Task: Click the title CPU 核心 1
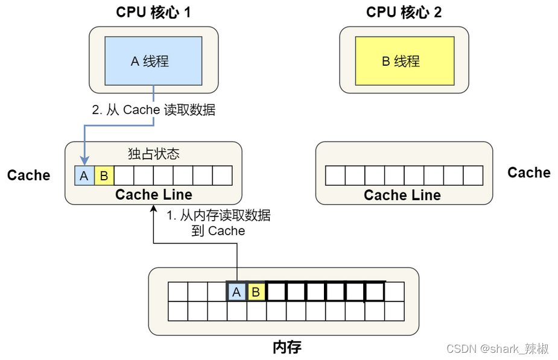[153, 12]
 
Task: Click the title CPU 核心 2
[404, 12]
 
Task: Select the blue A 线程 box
[153, 61]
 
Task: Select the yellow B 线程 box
[404, 61]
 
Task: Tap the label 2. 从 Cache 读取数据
[153, 110]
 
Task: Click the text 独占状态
[153, 154]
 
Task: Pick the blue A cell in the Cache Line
[84, 175]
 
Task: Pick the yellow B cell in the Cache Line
[104, 175]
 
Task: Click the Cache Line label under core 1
[153, 194]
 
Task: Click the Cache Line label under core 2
[402, 195]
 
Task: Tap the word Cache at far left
[28, 175]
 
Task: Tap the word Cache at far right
[528, 173]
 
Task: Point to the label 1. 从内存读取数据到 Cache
[218, 223]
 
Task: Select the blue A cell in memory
[236, 292]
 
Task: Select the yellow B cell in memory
[256, 292]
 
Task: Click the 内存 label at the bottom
[287, 347]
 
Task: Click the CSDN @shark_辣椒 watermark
[497, 349]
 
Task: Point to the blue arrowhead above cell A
[84, 162]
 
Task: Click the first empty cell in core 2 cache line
[335, 175]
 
